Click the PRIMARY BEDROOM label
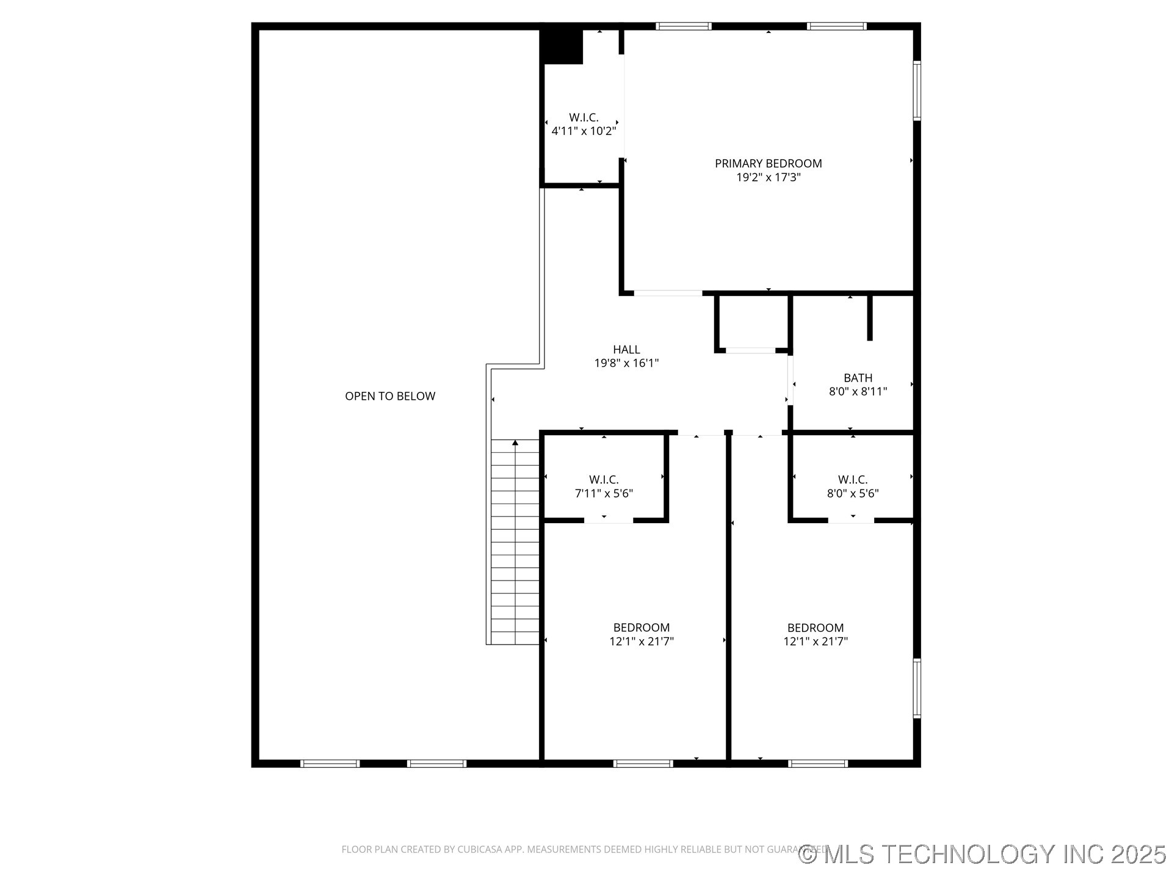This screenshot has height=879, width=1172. point(768,163)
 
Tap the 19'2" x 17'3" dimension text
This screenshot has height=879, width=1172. point(768,178)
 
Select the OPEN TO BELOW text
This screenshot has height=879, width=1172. point(390,396)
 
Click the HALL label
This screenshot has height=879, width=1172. point(626,349)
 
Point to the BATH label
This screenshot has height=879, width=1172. point(858,378)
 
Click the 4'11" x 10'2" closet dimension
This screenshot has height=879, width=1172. point(584,131)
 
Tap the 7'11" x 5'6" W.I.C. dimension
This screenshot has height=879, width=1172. point(604,493)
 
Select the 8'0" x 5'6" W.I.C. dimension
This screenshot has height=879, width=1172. point(852,493)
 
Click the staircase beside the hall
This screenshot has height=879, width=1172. point(515,543)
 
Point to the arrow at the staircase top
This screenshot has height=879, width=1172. point(515,443)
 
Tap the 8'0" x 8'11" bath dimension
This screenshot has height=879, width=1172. point(858,392)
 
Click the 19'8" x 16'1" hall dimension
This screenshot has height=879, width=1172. point(626,363)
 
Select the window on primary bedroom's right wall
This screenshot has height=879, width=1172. point(916,90)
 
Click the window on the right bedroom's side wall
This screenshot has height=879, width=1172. point(916,689)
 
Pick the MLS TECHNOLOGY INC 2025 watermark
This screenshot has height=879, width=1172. point(983,853)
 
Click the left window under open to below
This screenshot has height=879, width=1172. point(330,763)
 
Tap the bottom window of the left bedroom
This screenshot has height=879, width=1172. point(643,763)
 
